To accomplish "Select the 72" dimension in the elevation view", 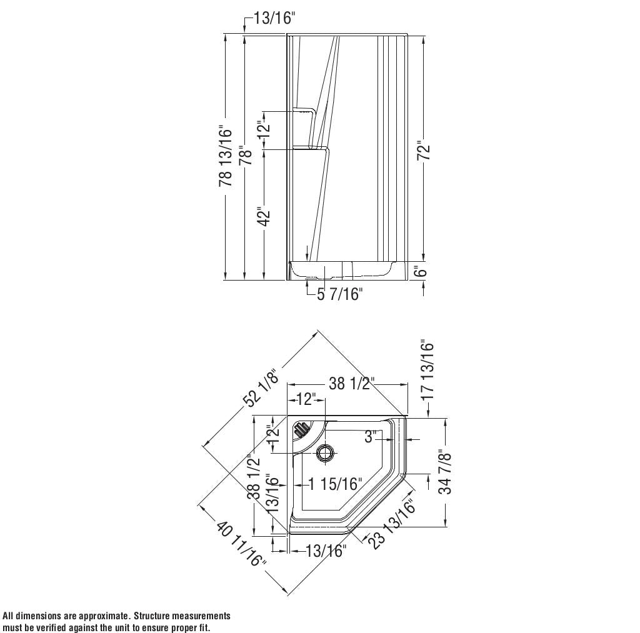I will (424, 152).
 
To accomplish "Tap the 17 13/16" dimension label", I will (427, 370).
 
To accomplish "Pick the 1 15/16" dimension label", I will (335, 484).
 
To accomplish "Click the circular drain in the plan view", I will (325, 453).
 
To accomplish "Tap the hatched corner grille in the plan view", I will (301, 429).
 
